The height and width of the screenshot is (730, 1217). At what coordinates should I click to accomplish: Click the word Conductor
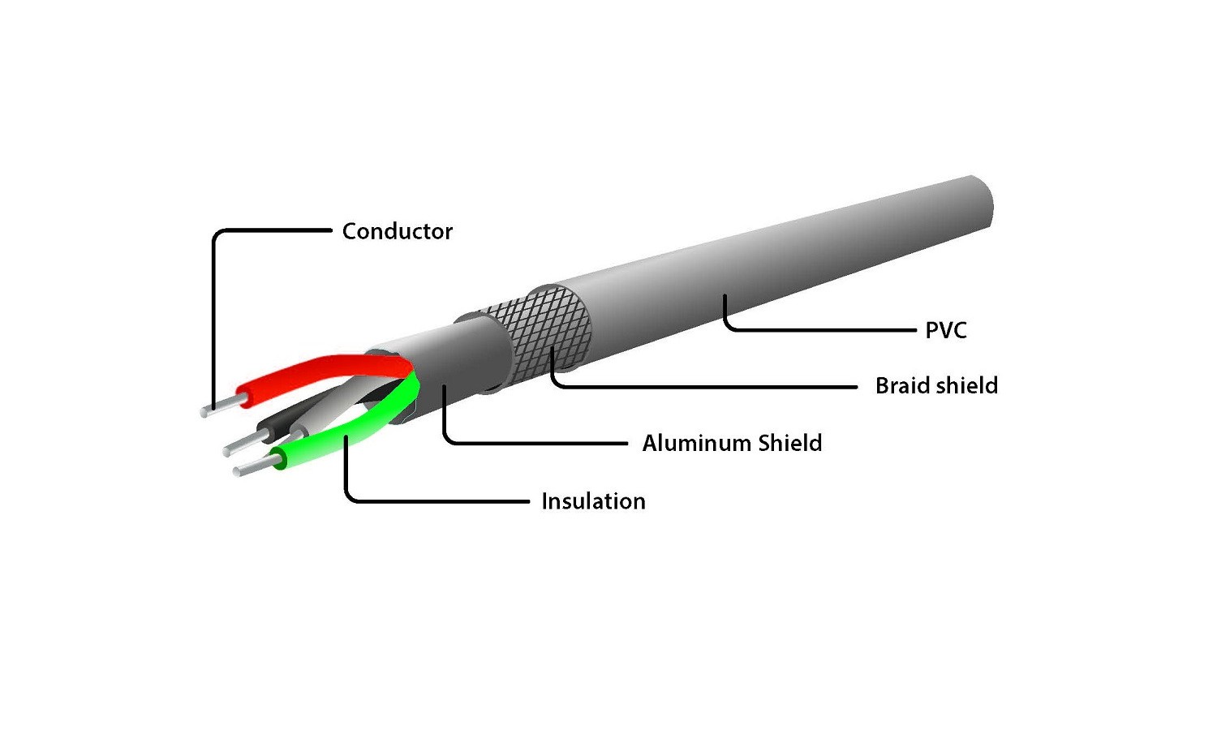click(x=397, y=231)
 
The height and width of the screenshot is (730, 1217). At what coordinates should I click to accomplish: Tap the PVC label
click(x=946, y=330)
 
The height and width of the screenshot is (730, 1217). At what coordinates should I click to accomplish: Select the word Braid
click(x=899, y=385)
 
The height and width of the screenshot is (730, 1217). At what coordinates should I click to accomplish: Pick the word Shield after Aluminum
click(x=789, y=443)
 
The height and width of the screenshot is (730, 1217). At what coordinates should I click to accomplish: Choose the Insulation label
click(x=593, y=501)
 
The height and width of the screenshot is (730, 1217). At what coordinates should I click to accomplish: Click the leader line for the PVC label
click(x=819, y=330)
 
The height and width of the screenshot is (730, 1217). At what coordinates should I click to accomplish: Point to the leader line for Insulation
click(x=438, y=501)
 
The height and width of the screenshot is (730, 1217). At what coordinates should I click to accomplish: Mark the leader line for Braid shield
click(x=706, y=386)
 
